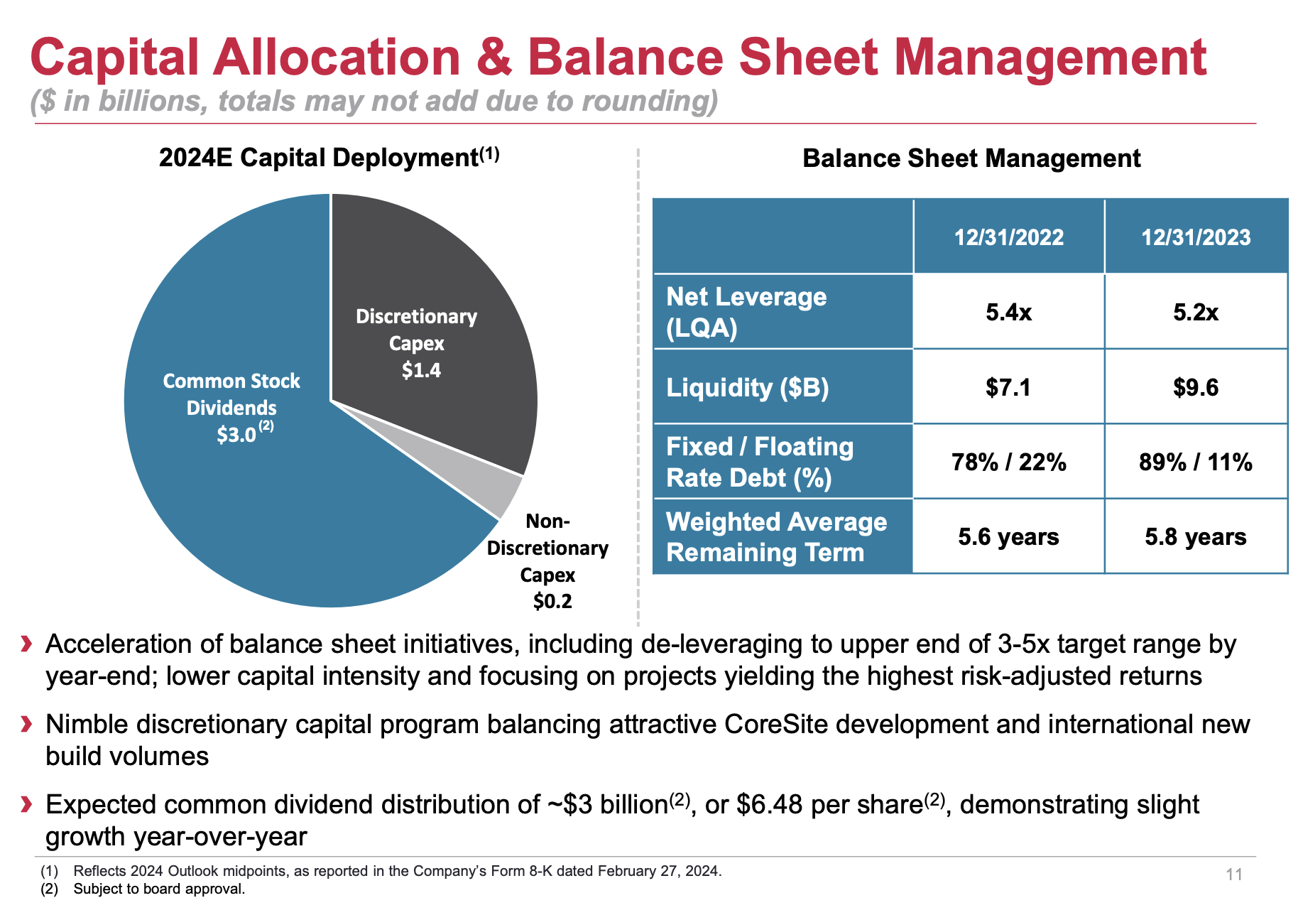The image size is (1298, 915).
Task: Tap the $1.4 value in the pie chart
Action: (421, 370)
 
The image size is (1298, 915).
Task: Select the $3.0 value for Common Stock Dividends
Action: (236, 434)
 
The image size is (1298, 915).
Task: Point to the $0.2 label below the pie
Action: (552, 602)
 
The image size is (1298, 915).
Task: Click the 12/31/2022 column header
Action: (1008, 237)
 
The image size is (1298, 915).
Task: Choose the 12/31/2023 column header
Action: (1196, 237)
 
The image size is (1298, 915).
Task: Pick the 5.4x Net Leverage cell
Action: (1008, 312)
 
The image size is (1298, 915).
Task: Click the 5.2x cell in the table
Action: (1196, 312)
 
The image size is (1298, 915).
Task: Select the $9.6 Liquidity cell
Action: (1196, 387)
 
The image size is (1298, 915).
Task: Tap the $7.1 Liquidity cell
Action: (1008, 387)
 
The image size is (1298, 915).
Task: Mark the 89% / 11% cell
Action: (1196, 462)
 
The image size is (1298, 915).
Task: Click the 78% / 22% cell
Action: (1008, 462)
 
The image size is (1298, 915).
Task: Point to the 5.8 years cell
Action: (1196, 537)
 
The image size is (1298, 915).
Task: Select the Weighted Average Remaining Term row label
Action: (776, 537)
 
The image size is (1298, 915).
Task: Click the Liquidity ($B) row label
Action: (747, 388)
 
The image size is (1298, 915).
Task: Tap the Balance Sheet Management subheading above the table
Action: (971, 158)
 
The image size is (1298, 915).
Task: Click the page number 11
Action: (1234, 875)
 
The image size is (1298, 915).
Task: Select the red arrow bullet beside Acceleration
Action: (27, 644)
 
